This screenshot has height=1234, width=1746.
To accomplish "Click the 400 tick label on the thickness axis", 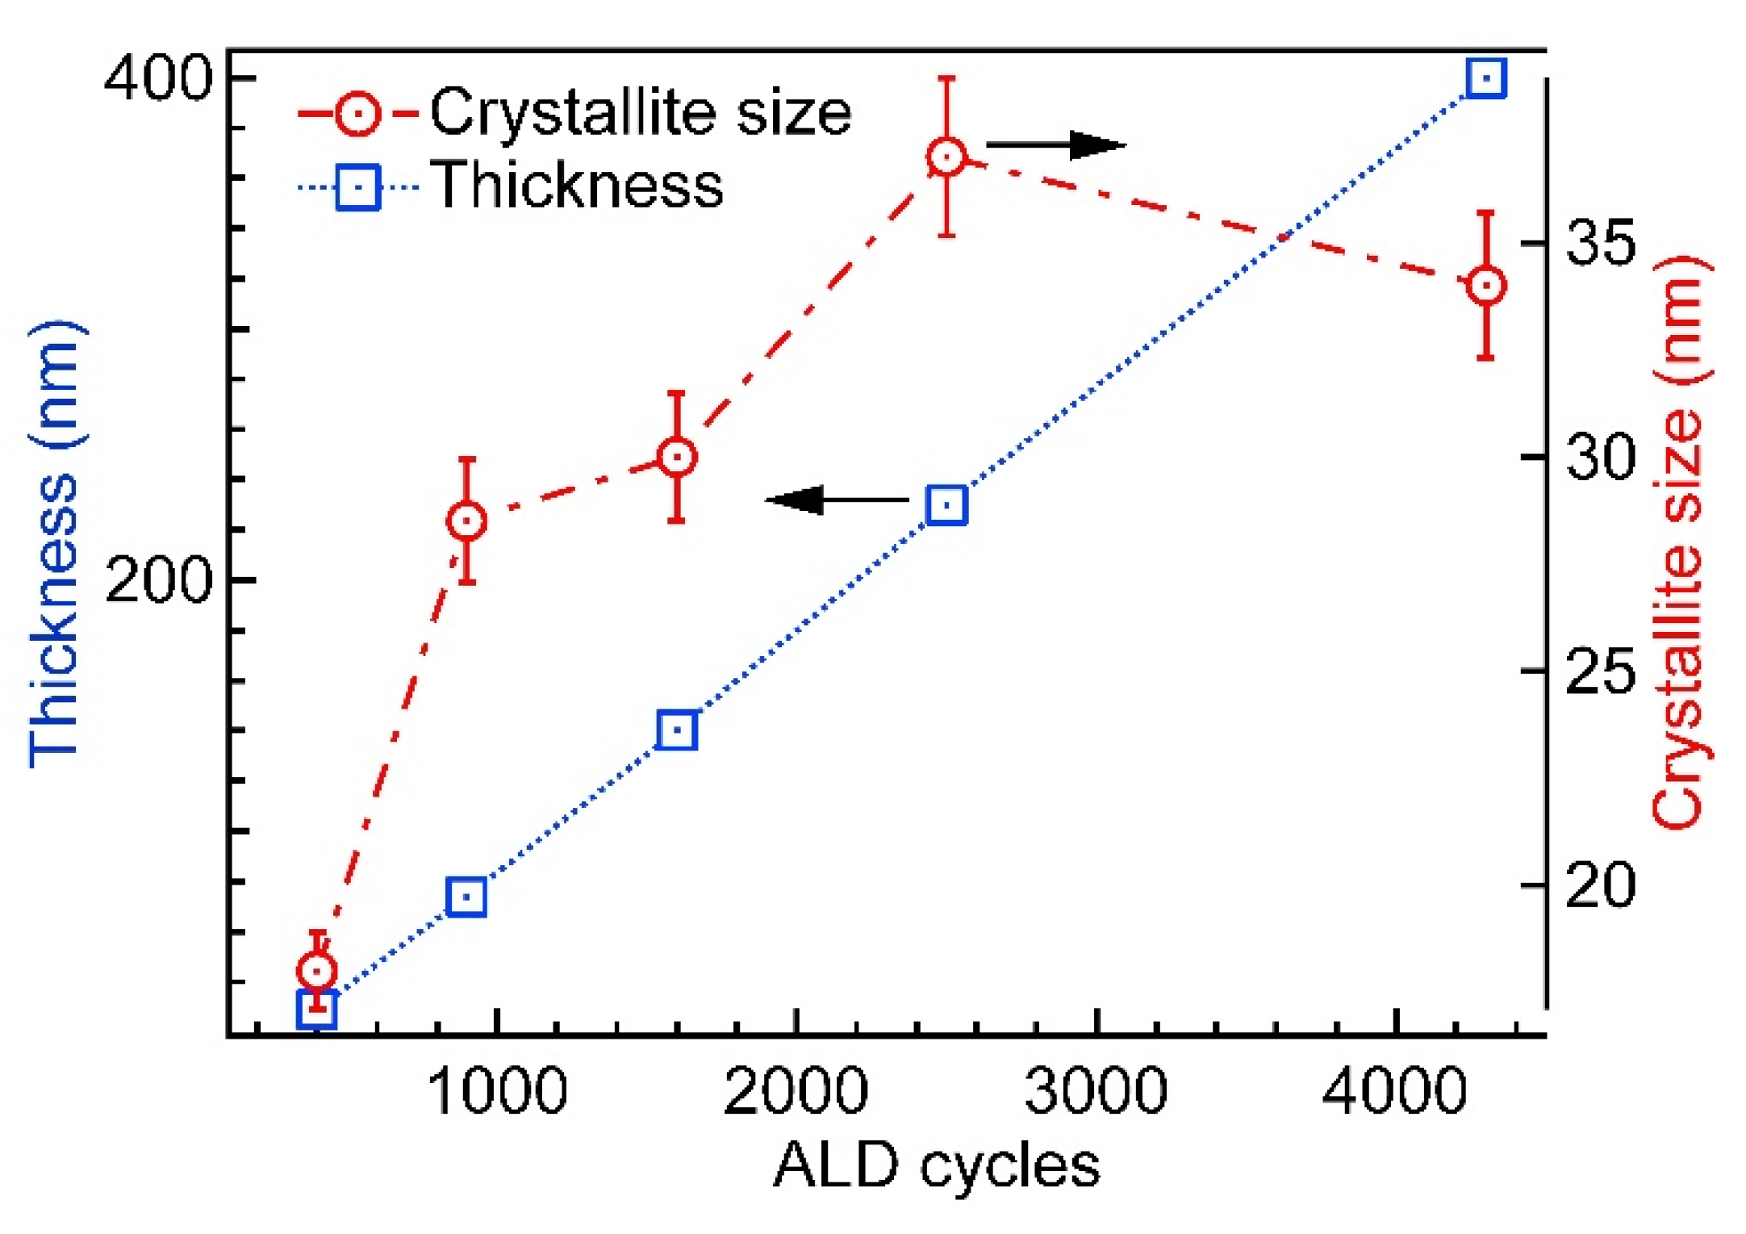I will coord(158,79).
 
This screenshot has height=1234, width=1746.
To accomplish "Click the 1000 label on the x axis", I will coord(497,1092).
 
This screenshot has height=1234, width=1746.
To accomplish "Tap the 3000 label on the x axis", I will coord(1096,1092).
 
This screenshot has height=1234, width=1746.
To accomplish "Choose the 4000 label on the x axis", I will coord(1394,1092).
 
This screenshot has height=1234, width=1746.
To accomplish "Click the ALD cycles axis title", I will coord(936,1165).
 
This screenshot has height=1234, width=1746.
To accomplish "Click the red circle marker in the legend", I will coord(357,113).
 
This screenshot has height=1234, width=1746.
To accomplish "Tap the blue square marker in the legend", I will coord(357,187).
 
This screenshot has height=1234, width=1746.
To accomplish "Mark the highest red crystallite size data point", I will coord(946,157).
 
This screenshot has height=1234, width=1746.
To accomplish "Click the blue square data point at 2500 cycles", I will coord(946,505).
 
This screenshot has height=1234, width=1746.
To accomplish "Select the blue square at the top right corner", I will coord(1486,78).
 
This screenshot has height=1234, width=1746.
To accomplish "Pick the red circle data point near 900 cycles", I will coord(466,521).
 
